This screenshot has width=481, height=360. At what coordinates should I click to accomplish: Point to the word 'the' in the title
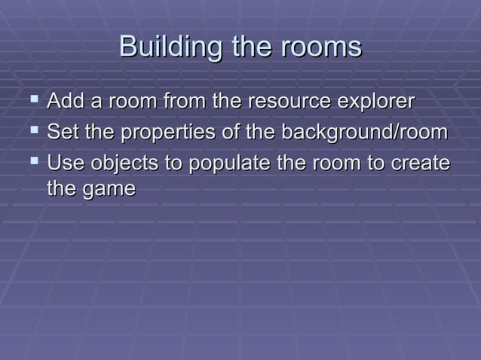pos(247,47)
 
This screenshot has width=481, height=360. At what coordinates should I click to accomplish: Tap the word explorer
pos(376,102)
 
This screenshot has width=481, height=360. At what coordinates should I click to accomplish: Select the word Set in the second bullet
pos(60,133)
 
